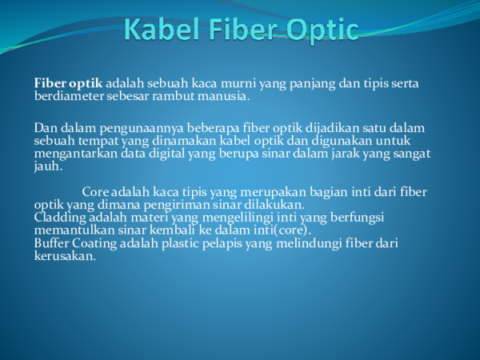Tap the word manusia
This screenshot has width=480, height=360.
point(226,97)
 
